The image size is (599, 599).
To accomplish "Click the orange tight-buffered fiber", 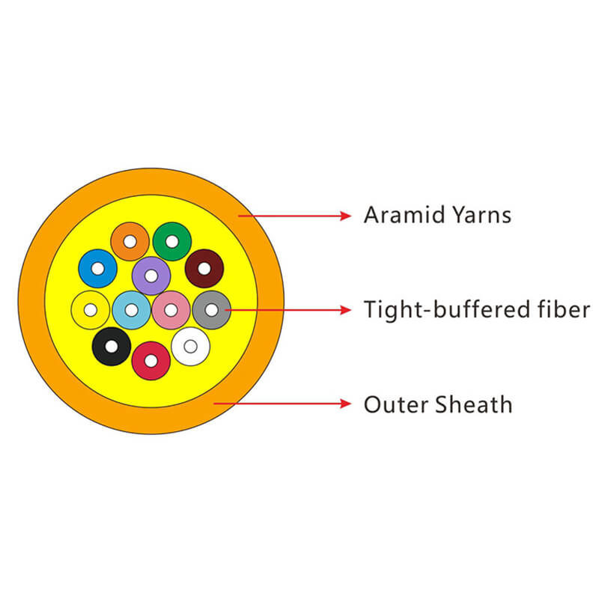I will coord(130,241).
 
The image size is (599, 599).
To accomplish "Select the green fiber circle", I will coord(171,241).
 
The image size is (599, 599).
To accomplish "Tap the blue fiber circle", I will coord(97,268).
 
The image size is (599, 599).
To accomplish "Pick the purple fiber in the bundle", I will coord(150,276).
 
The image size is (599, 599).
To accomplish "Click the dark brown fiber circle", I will coord(204,268).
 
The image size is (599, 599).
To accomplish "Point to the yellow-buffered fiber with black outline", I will coord(90,309).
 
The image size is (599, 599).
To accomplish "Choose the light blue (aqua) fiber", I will coord(131,309).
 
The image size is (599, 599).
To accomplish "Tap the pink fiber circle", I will coord(171,309).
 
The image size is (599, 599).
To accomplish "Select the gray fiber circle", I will coord(211,309).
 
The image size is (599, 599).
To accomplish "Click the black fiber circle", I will coord(112,347).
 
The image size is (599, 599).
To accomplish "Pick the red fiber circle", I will coord(150,360).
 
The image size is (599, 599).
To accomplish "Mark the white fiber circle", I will coord(190,346).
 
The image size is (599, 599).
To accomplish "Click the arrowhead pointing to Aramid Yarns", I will coord(345,216).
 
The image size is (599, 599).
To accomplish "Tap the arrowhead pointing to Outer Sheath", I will coord(345,404).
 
